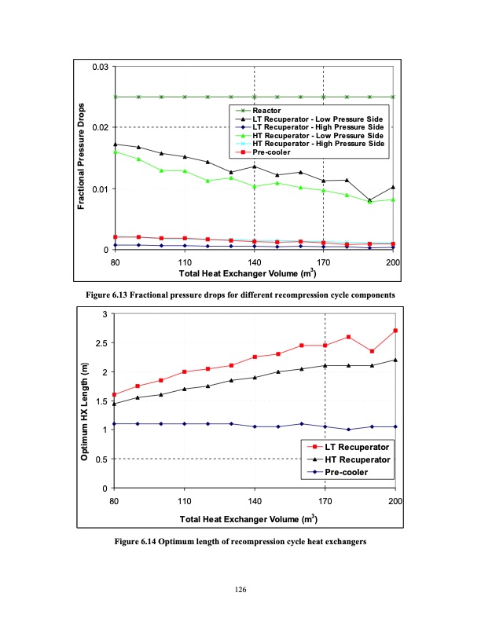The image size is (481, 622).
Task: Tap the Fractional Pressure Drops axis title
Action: point(81,157)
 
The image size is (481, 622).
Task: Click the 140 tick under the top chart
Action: point(254,262)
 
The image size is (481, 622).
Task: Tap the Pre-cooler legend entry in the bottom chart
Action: point(336,472)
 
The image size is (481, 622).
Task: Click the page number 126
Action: point(240,601)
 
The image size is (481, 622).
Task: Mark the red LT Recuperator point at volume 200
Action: point(395,331)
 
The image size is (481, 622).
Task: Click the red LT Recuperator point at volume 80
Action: point(115,395)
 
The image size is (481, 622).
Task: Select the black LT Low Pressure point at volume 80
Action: point(115,144)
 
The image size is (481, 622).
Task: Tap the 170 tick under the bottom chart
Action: point(325,501)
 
